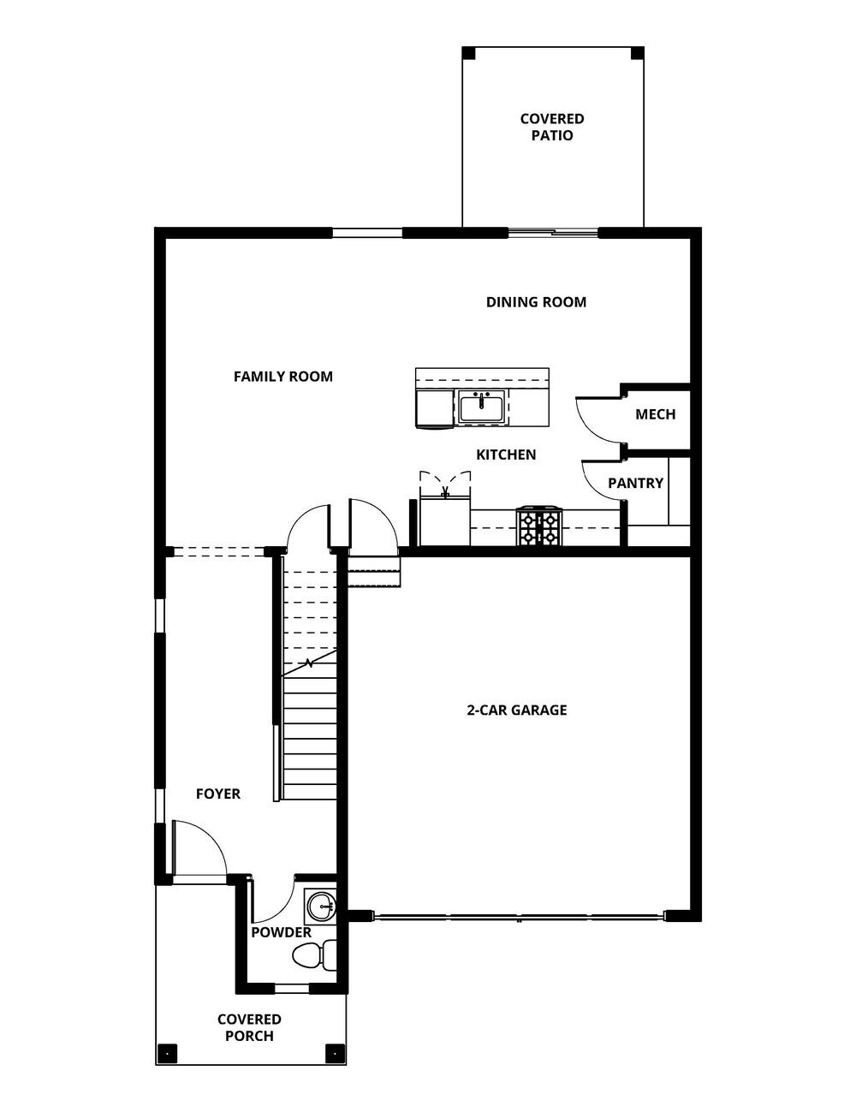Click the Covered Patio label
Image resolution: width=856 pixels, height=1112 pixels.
[552, 127]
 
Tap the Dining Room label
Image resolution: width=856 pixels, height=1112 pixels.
[536, 302]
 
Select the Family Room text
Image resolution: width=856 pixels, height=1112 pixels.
[282, 377]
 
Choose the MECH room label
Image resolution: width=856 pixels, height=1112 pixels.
[655, 414]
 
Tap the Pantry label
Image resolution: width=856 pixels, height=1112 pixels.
[635, 484]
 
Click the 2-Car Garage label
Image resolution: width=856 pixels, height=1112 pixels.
[516, 711]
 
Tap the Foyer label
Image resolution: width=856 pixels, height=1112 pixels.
[218, 794]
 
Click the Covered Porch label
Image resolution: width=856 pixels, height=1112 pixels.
[249, 1027]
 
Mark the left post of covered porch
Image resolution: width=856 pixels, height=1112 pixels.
[168, 1052]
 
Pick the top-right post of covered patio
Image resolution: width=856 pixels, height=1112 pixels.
[636, 53]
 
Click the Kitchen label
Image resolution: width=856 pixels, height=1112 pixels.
[506, 455]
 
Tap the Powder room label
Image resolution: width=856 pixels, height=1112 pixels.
[281, 932]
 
